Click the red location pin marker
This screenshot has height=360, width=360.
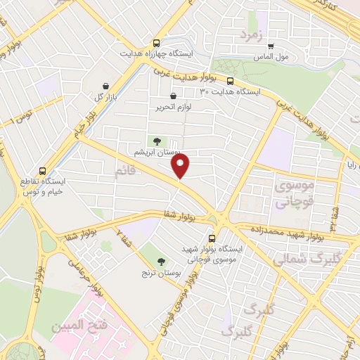[181, 167]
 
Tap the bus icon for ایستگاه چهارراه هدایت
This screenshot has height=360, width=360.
[155, 42]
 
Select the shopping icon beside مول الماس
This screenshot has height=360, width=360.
[270, 46]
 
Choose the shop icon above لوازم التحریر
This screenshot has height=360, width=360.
[173, 96]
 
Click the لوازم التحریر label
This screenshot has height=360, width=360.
[173, 108]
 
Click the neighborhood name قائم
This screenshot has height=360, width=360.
[125, 171]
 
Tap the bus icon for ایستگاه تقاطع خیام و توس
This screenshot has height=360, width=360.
[43, 170]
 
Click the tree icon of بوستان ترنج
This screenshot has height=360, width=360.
[162, 262]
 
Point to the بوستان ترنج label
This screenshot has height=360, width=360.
[161, 273]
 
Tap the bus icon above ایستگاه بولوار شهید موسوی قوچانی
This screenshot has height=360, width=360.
[212, 238]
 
